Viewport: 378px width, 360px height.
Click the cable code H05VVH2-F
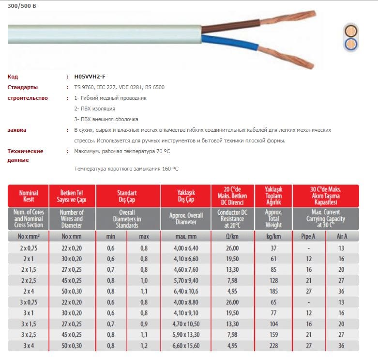[90, 77]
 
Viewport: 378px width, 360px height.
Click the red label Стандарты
[23, 87]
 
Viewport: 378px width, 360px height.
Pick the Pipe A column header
[308, 236]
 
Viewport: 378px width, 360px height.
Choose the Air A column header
[342, 236]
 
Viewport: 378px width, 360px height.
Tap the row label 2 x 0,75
[29, 248]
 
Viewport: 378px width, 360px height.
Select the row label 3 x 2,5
[29, 334]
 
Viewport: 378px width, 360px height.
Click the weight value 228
[273, 345]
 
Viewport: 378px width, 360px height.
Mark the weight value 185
[273, 291]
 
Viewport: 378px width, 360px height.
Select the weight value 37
[273, 248]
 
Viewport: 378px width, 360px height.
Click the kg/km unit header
[273, 236]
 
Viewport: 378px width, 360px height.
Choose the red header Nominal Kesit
[29, 196]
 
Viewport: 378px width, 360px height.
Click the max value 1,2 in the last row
[144, 345]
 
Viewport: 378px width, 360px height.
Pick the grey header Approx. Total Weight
[273, 219]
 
